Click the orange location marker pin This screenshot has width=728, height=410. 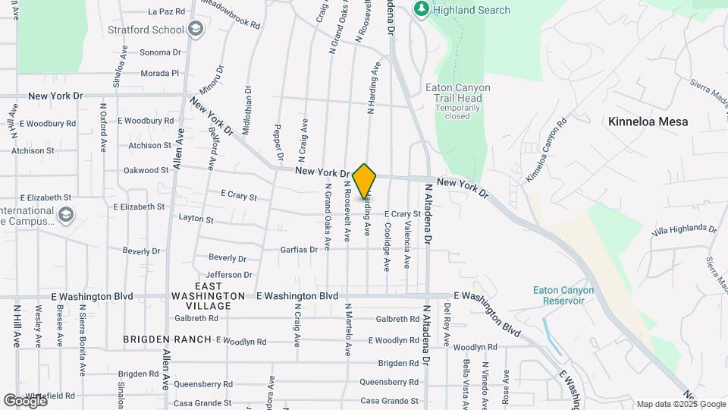pos(365,181)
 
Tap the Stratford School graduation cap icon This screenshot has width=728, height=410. pos(196,30)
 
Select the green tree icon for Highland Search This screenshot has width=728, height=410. pos(422,10)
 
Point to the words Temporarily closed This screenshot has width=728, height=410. pos(457,112)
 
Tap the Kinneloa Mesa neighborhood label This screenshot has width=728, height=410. pos(648,121)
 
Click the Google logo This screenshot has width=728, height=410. pos(25,400)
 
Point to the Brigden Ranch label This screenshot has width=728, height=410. pos(168,339)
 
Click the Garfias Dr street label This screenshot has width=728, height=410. pos(297,249)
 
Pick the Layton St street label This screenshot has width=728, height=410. pos(196,219)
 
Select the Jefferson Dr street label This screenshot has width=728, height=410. pos(228,275)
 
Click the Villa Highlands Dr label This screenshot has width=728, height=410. pos(684,229)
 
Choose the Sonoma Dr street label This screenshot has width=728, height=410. pos(160,52)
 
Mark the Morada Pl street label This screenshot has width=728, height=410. pos(159,73)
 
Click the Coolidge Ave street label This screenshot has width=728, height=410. pos(387,247)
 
